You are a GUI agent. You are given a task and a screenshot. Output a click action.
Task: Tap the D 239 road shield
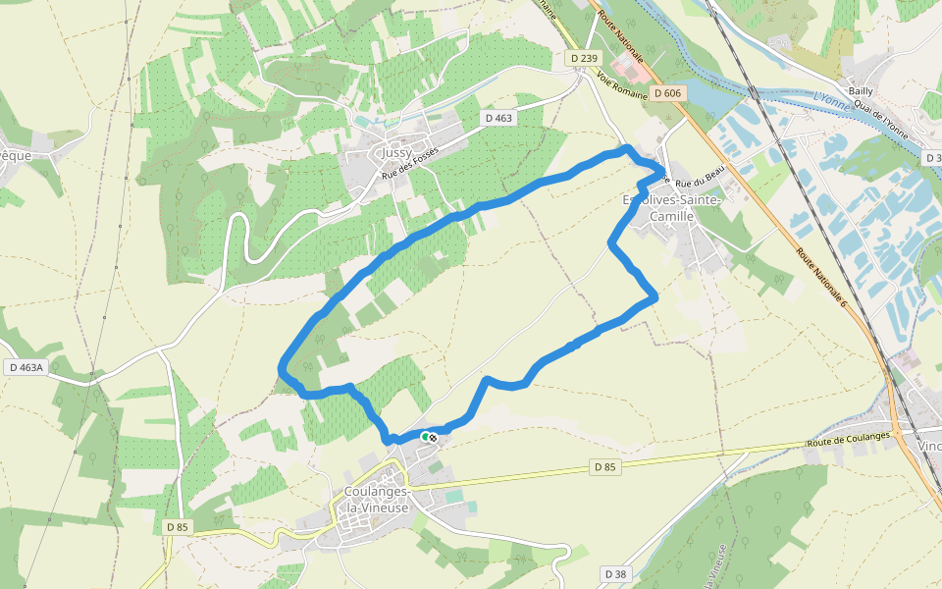point(584,59)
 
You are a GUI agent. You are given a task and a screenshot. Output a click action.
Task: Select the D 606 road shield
point(666,93)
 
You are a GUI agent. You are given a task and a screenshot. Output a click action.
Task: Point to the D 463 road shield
point(497,118)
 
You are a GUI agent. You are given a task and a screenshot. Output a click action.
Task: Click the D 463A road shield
point(26,367)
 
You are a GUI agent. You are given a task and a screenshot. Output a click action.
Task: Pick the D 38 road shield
point(615,573)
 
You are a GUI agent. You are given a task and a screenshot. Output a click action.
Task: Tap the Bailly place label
point(861,90)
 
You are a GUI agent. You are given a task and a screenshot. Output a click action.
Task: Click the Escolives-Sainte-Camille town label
point(671,208)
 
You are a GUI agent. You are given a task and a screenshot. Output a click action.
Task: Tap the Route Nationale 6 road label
point(820,280)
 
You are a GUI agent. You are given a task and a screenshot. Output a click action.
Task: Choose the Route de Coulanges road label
point(848,439)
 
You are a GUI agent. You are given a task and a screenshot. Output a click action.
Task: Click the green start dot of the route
point(425,436)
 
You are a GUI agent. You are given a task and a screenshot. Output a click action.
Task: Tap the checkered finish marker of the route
point(432,436)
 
